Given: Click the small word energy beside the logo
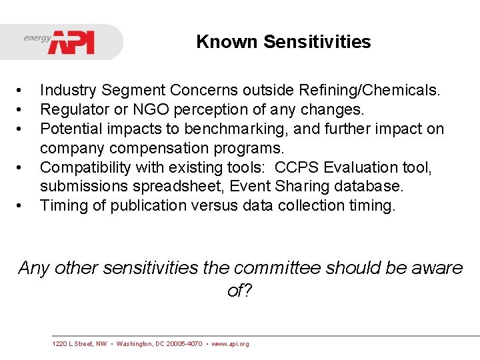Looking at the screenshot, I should pos(37,38).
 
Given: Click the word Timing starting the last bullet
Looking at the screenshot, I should pos(62,205).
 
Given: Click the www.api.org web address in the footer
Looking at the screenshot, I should pos(230,344).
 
